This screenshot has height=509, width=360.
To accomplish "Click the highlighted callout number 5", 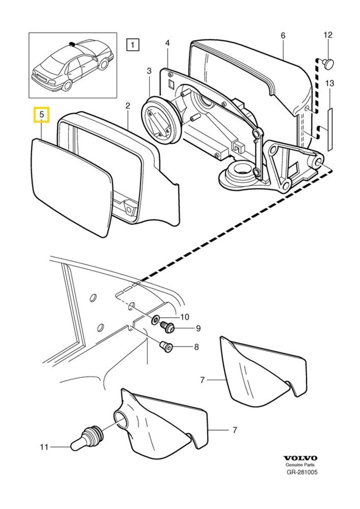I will pyautogui.click(x=41, y=115).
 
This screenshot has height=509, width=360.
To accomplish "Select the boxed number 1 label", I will pyautogui.click(x=133, y=45).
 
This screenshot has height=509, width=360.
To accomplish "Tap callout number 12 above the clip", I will pyautogui.click(x=328, y=35).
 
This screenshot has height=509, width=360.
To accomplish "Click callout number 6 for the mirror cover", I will pyautogui.click(x=283, y=35).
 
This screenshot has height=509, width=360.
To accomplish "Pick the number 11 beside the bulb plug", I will pyautogui.click(x=44, y=447).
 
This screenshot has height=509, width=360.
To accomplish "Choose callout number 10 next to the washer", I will pyautogui.click(x=184, y=317).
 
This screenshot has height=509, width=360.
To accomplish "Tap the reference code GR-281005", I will pyautogui.click(x=301, y=473).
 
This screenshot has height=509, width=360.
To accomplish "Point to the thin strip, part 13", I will pyautogui.click(x=330, y=128).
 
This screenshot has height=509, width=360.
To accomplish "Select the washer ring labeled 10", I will pyautogui.click(x=155, y=320).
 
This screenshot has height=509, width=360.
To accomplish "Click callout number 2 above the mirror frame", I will pyautogui.click(x=128, y=106).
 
